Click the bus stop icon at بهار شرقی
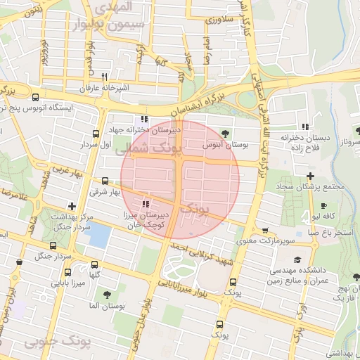click(x=105, y=181)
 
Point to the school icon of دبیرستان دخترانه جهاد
click(x=144, y=119)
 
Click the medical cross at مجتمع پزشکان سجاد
click(x=310, y=175)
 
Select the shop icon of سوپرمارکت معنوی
click(x=264, y=230)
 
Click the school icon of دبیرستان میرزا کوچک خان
click(x=146, y=204)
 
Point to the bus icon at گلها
click(x=94, y=265)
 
